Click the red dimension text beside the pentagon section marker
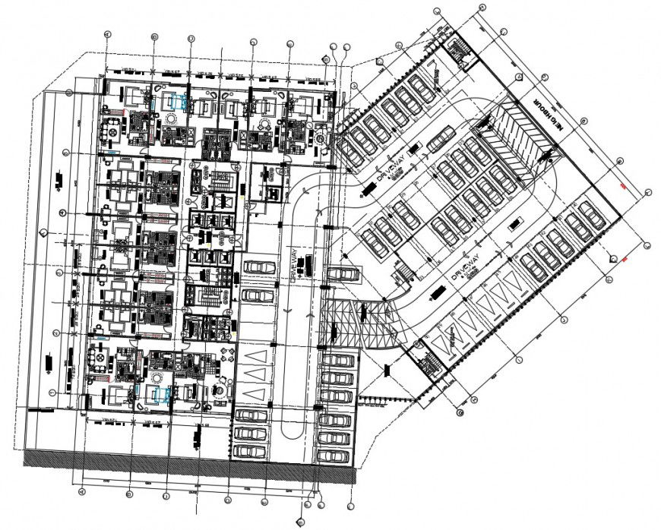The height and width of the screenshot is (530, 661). coord(625,260)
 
